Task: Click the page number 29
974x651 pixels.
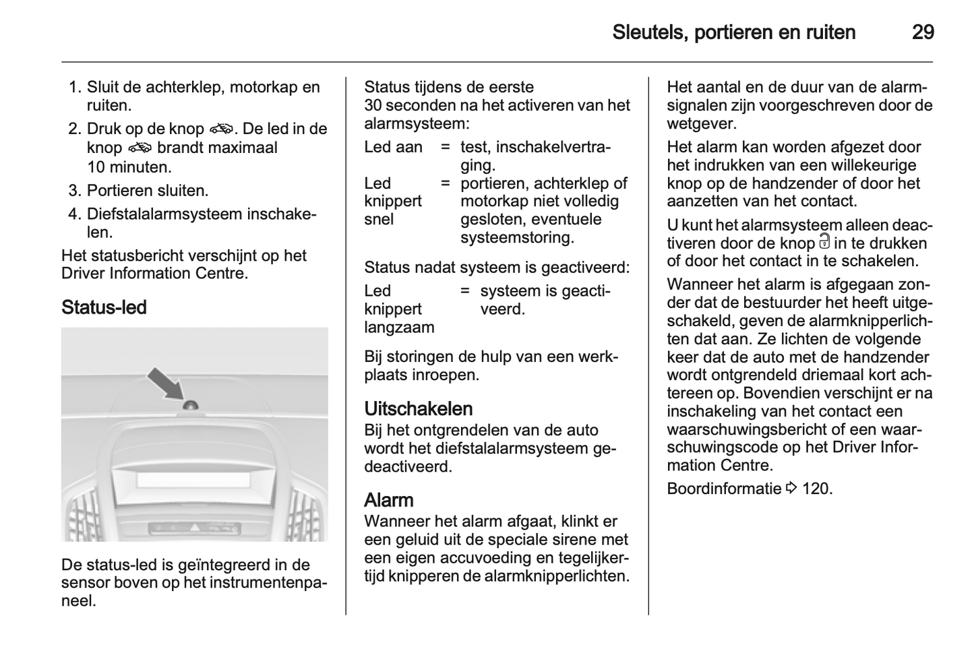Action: pyautogui.click(x=922, y=32)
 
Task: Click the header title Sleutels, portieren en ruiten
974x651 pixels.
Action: pyautogui.click(x=733, y=32)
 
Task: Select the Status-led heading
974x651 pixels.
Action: pyautogui.click(x=104, y=307)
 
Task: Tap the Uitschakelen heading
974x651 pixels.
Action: pyautogui.click(x=418, y=408)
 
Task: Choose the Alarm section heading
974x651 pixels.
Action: pyautogui.click(x=388, y=500)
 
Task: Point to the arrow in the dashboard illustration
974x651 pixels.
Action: pyautogui.click(x=165, y=383)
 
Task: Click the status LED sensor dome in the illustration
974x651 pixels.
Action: pyautogui.click(x=191, y=405)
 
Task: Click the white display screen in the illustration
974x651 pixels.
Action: pyautogui.click(x=193, y=480)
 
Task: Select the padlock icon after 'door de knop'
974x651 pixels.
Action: pyautogui.click(x=824, y=243)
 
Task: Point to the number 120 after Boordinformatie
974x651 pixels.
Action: pyautogui.click(x=818, y=489)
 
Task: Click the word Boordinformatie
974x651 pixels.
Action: pyautogui.click(x=723, y=489)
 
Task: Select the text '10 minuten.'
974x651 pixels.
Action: pyautogui.click(x=129, y=166)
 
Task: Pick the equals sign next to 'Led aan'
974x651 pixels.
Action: pyautogui.click(x=445, y=147)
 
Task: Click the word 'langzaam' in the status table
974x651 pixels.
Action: pyautogui.click(x=399, y=328)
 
